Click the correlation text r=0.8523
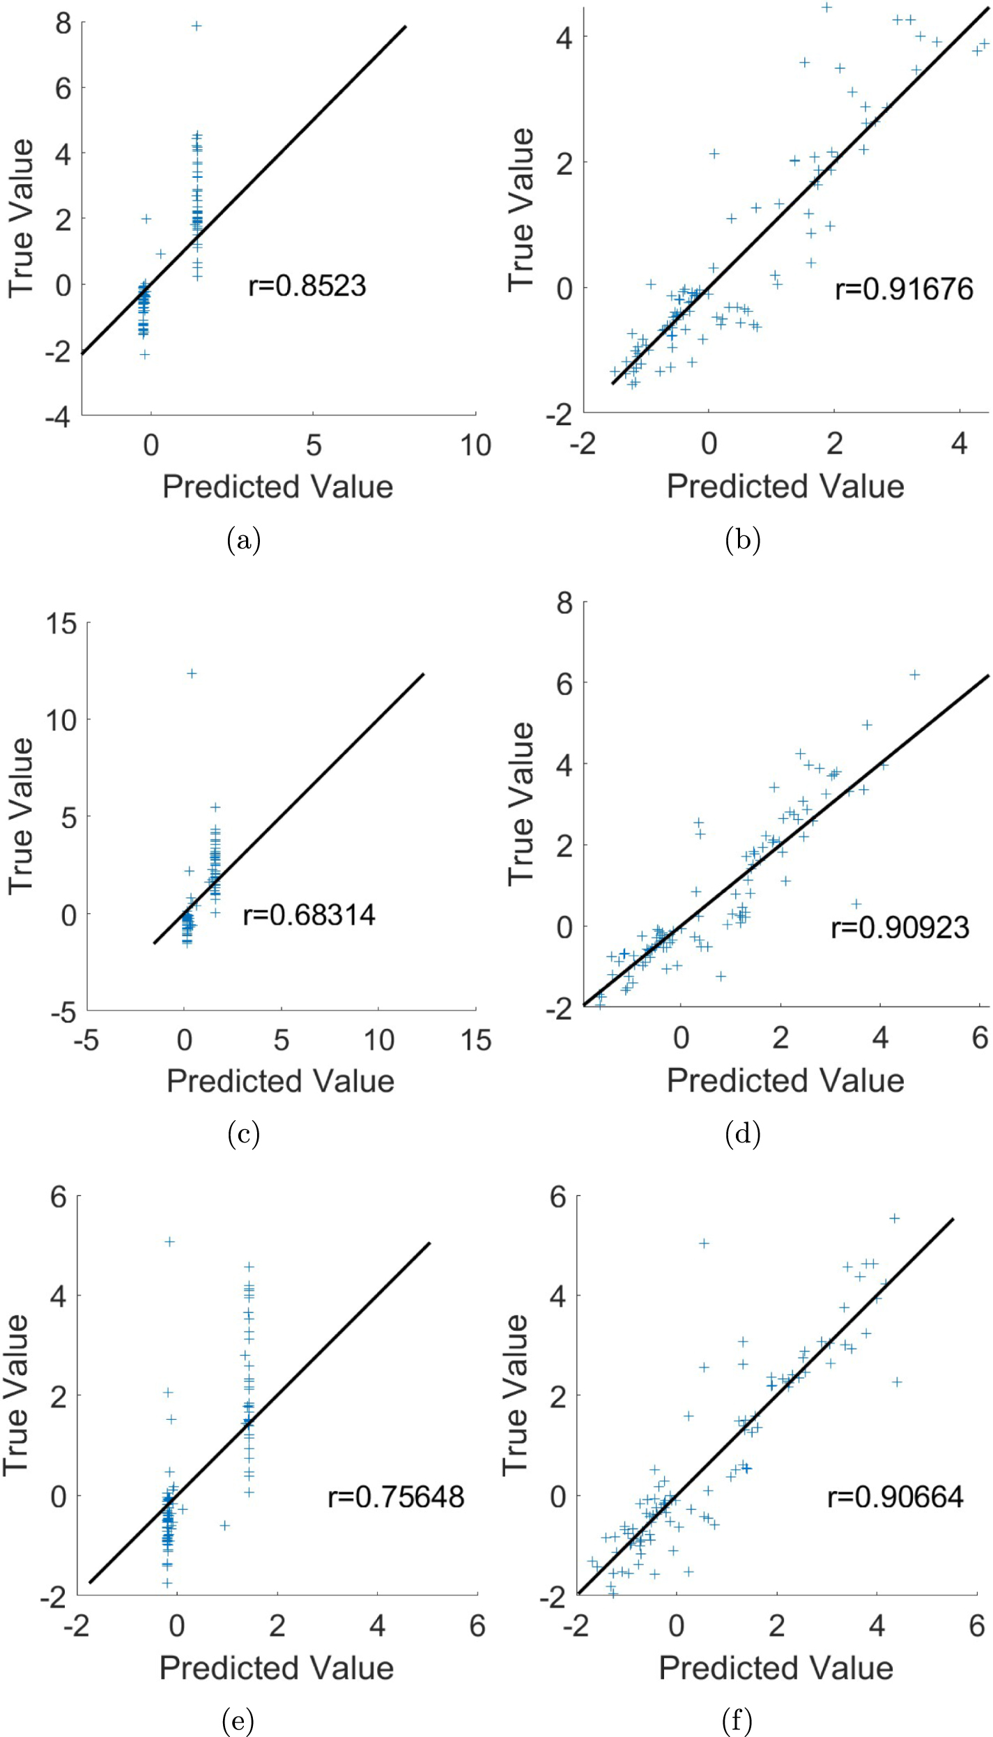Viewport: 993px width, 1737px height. tap(307, 286)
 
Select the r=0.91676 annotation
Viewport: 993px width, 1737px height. tap(904, 289)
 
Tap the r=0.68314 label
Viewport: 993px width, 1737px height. tap(309, 915)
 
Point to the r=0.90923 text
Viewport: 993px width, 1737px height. tap(900, 928)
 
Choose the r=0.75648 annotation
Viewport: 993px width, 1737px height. tap(396, 1497)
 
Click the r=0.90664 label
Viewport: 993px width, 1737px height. tap(895, 1497)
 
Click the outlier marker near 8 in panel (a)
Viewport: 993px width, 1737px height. tap(197, 26)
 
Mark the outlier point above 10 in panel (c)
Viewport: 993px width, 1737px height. tap(192, 673)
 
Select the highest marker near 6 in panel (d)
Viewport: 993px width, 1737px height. tap(915, 674)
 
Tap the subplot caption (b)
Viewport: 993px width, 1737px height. tap(742, 540)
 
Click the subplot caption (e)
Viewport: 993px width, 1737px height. tap(238, 1722)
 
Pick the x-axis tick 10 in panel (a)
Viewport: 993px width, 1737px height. tap(475, 445)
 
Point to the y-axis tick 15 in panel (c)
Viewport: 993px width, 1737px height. tap(61, 624)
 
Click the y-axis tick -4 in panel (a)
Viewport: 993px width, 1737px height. tap(58, 418)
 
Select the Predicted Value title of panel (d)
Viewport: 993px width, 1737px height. tap(785, 1080)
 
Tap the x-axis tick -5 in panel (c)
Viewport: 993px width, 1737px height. tap(86, 1041)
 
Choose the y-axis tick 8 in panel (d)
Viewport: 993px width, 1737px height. tap(564, 603)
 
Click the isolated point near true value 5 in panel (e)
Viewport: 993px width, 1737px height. tap(169, 1241)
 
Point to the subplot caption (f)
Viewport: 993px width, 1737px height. tap(737, 1722)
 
